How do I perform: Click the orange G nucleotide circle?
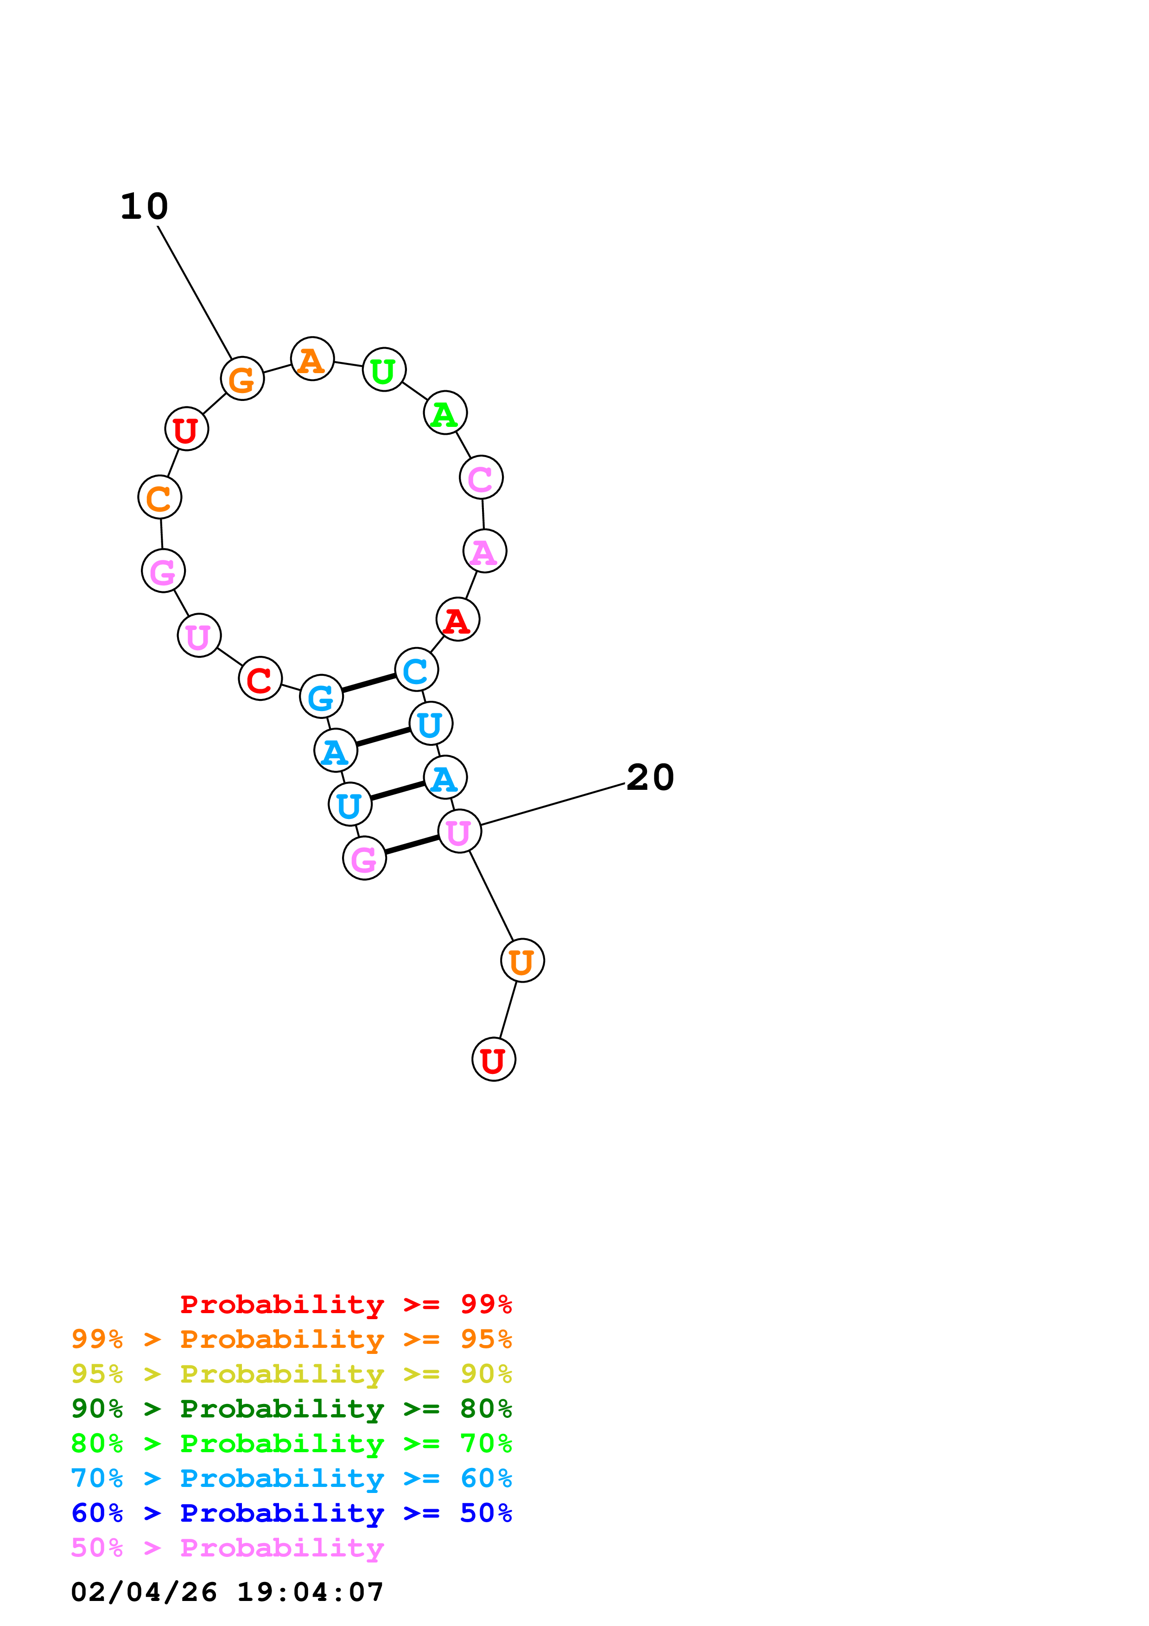[x=242, y=379]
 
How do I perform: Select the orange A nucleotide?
[x=312, y=359]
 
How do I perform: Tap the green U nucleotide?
[x=384, y=370]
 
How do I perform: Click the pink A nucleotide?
[x=484, y=551]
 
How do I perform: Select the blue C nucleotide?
[x=416, y=669]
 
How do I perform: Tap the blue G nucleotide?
[x=321, y=697]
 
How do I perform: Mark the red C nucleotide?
[x=260, y=679]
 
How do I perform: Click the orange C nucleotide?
[x=159, y=497]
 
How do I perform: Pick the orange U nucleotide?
[x=522, y=961]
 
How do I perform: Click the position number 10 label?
[x=145, y=207]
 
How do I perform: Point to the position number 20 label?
[x=650, y=778]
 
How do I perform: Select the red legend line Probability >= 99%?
[x=345, y=1304]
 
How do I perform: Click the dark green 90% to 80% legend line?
[x=292, y=1409]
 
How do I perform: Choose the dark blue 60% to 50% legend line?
[x=292, y=1513]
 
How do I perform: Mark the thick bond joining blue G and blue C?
[x=369, y=683]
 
